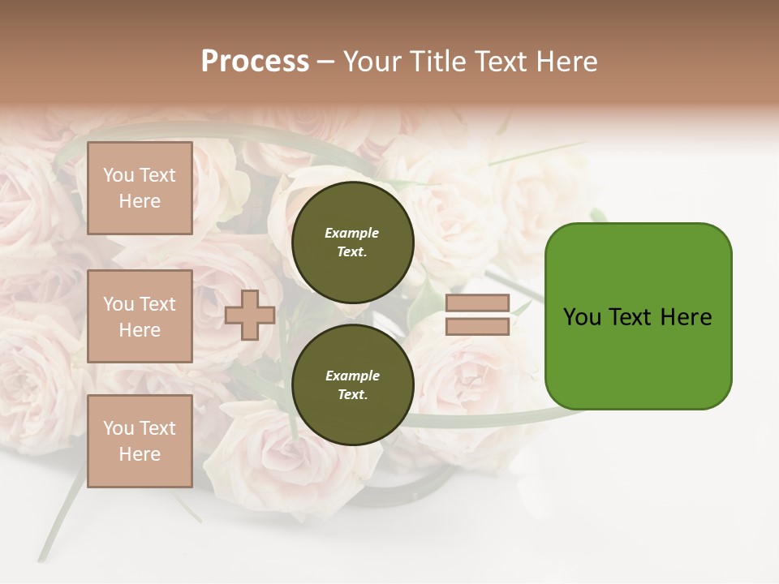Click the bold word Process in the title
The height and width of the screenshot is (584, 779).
(255, 62)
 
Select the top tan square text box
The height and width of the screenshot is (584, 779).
(140, 188)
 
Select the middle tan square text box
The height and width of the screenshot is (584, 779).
(140, 316)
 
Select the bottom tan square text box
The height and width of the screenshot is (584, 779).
(140, 441)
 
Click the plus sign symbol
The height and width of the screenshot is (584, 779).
(250, 315)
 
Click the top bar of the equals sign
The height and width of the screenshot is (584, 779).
(478, 303)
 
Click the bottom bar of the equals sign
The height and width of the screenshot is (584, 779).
(478, 326)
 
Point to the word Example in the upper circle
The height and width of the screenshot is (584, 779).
(351, 233)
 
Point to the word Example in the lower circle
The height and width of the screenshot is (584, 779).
(351, 376)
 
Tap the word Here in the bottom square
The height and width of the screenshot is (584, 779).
(140, 454)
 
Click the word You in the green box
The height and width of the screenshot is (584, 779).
(582, 317)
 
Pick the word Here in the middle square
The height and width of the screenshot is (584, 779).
(140, 330)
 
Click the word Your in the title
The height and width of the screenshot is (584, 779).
(372, 62)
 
